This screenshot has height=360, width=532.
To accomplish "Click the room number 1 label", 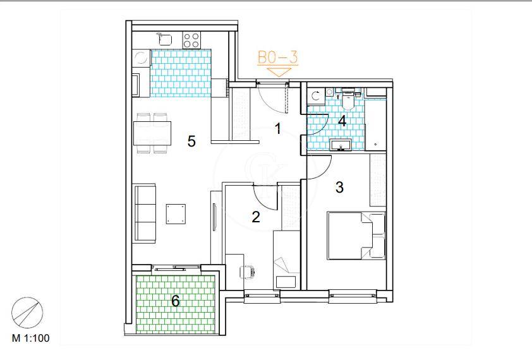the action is [278, 129].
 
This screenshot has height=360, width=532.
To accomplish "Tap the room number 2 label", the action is [256, 217].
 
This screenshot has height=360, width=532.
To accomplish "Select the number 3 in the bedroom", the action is [339, 187].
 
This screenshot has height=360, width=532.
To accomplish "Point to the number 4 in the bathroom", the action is [342, 121].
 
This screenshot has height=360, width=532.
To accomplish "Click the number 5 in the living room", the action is [191, 141].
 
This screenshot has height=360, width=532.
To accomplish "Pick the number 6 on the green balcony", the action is [176, 301].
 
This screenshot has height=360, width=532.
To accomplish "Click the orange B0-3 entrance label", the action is [278, 57].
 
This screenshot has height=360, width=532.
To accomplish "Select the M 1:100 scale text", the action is [30, 338].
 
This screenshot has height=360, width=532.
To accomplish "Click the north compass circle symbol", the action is [27, 313].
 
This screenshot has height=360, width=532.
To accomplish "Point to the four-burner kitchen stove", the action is [191, 40].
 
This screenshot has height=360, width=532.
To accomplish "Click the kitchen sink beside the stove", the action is [165, 39].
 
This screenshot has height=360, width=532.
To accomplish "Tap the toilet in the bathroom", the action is [348, 99].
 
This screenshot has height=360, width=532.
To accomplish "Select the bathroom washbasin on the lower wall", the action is [341, 145].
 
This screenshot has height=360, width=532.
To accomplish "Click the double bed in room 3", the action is [356, 236].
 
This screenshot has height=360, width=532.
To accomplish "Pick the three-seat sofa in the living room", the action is [145, 213].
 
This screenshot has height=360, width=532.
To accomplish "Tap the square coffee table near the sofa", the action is [176, 213].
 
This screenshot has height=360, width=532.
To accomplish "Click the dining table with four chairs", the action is [152, 133].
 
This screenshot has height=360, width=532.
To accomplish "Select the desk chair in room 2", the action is [247, 272].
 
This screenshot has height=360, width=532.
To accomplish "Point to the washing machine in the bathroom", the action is [316, 96].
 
